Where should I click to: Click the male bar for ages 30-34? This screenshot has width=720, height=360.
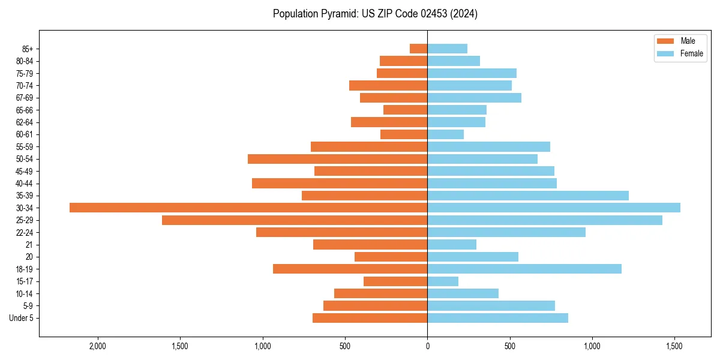point(248,208)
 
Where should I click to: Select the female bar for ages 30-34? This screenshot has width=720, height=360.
point(554,208)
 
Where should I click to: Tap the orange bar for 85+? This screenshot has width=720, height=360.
point(418,49)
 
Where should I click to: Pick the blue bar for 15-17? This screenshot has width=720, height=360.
point(443,281)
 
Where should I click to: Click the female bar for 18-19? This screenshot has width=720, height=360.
point(524,269)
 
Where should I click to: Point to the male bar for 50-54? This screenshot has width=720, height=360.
point(337,159)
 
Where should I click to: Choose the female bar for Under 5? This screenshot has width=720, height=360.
point(497,318)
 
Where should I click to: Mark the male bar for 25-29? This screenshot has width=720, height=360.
point(295,220)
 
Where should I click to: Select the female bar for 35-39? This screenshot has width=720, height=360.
point(528,196)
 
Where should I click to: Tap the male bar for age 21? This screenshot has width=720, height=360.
point(370,245)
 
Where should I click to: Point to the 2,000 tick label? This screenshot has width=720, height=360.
point(97,347)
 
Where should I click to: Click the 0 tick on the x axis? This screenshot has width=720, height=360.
point(427,347)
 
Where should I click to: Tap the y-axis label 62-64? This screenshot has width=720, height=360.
point(25,122)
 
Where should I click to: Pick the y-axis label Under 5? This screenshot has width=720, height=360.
point(22,318)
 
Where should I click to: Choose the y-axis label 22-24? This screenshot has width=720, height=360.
point(25,232)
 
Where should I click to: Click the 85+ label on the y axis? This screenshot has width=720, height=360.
point(27,49)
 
